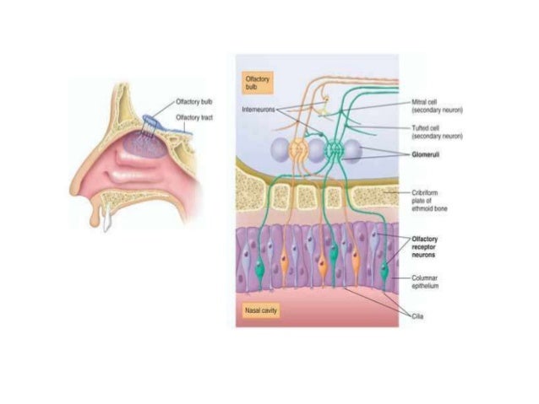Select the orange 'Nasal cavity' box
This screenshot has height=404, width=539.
pyautogui.click(x=257, y=310)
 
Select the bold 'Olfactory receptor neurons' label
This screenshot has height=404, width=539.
pyautogui.click(x=431, y=247)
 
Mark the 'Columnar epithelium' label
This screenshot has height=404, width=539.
pyautogui.click(x=430, y=282)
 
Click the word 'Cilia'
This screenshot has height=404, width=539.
pyautogui.click(x=420, y=315)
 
